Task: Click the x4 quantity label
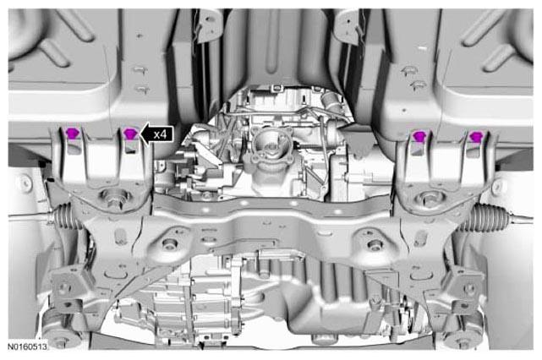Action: (x=161, y=134)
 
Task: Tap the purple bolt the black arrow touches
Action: (x=130, y=134)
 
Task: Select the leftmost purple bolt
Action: (x=72, y=133)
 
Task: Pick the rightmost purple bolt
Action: (x=476, y=136)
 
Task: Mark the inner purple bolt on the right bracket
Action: (x=419, y=136)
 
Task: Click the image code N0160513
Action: (x=27, y=346)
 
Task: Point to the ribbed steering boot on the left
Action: (x=66, y=216)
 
